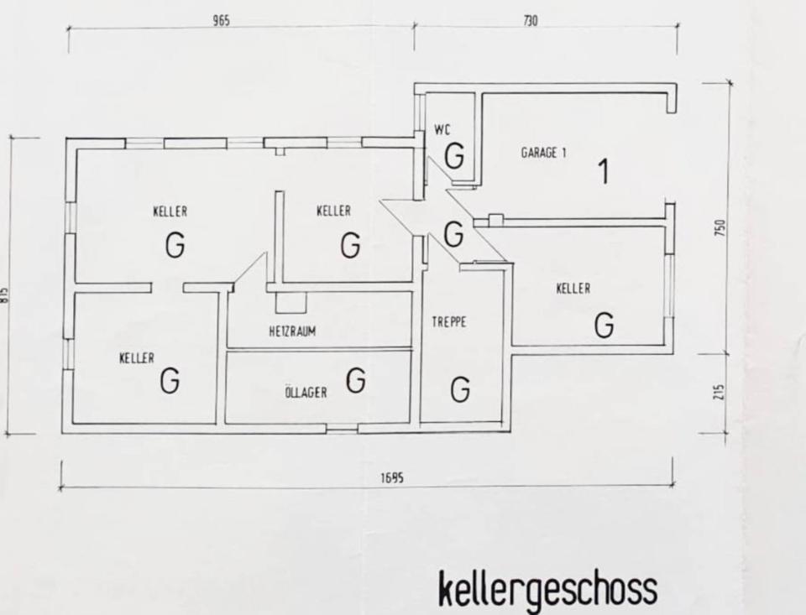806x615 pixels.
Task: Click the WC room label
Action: click(x=442, y=129)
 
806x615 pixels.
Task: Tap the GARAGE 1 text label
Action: click(x=543, y=153)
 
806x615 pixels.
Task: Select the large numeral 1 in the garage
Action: click(x=603, y=171)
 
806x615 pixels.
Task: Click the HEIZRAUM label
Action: click(x=292, y=331)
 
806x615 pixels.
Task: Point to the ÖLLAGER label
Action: click(x=306, y=393)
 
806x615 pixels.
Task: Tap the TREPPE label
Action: click(x=449, y=321)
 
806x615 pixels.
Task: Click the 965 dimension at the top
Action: click(x=221, y=21)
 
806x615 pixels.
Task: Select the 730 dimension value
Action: click(x=530, y=21)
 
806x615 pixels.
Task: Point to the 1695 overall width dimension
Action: click(x=392, y=477)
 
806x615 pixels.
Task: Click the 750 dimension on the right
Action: click(x=720, y=227)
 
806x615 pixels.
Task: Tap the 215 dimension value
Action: click(x=720, y=393)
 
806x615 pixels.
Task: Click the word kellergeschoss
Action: click(x=547, y=590)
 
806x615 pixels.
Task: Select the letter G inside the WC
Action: click(x=454, y=156)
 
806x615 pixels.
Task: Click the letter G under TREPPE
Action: click(x=460, y=389)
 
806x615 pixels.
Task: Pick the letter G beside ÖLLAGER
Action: click(x=356, y=380)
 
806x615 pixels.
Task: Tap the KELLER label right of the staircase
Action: click(x=573, y=289)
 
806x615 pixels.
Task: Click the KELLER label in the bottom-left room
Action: click(x=137, y=358)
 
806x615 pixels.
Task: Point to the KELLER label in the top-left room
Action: click(x=170, y=211)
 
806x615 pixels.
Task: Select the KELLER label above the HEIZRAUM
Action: click(x=333, y=211)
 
